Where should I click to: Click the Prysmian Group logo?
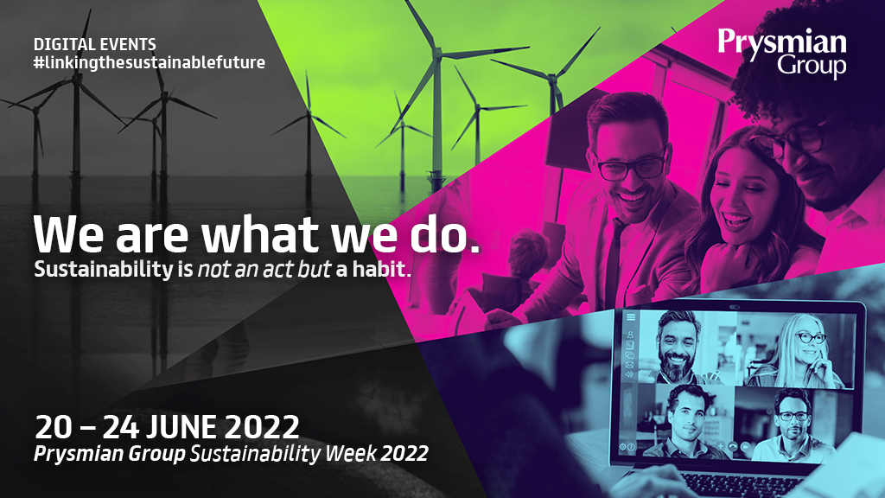pos(781,51)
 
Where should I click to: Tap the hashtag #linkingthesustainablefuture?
pos(149,62)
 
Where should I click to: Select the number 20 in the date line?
pos(53,427)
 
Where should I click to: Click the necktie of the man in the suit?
pos(613,259)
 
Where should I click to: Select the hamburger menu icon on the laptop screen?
pos(631,318)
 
